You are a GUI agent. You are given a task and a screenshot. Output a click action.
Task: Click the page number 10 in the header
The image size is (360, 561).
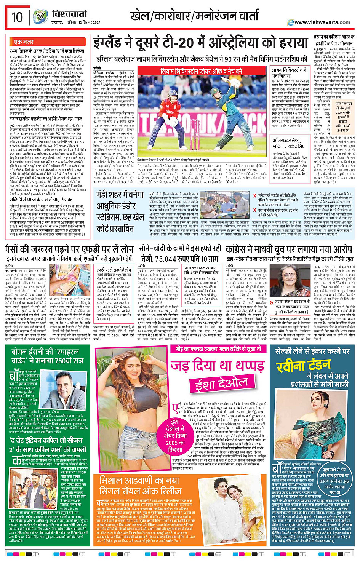click(17, 18)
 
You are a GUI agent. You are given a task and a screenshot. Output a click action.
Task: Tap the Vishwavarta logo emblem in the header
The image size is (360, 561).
click(40, 17)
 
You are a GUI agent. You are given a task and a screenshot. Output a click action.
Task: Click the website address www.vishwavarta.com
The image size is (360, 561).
click(322, 22)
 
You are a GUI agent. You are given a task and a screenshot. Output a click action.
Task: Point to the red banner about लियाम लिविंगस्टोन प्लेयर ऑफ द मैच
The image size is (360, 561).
click(201, 71)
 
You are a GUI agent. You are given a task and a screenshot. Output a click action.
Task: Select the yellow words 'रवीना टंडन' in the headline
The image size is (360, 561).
click(304, 366)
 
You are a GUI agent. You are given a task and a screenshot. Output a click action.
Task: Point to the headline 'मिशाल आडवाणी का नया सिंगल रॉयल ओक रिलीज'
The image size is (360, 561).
click(139, 485)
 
